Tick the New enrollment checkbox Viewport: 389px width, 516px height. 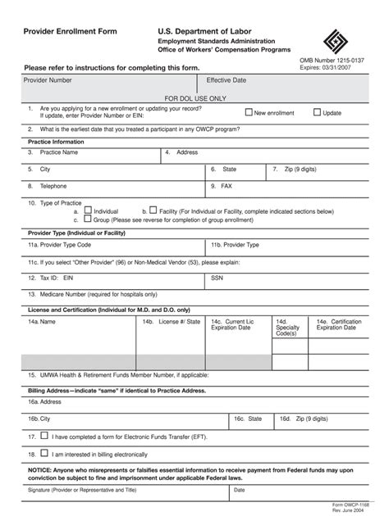coord(249,112)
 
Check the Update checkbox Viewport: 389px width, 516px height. coord(317,112)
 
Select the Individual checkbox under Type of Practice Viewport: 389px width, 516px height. coord(88,210)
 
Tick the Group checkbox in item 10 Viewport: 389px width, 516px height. coord(88,220)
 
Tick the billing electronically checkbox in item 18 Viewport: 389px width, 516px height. coord(43,453)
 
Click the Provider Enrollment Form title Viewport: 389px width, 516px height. coord(70,31)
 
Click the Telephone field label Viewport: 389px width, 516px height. coord(47,186)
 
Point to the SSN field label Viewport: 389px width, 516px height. coord(217,278)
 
